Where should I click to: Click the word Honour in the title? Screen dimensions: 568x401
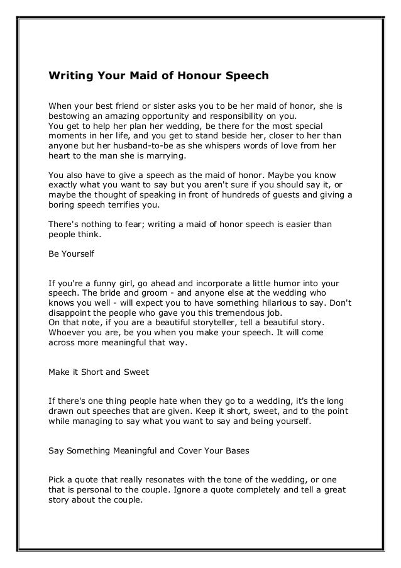click(199, 76)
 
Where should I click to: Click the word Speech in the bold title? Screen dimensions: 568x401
click(247, 76)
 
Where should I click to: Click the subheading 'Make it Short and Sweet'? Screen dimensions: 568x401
click(99, 372)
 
